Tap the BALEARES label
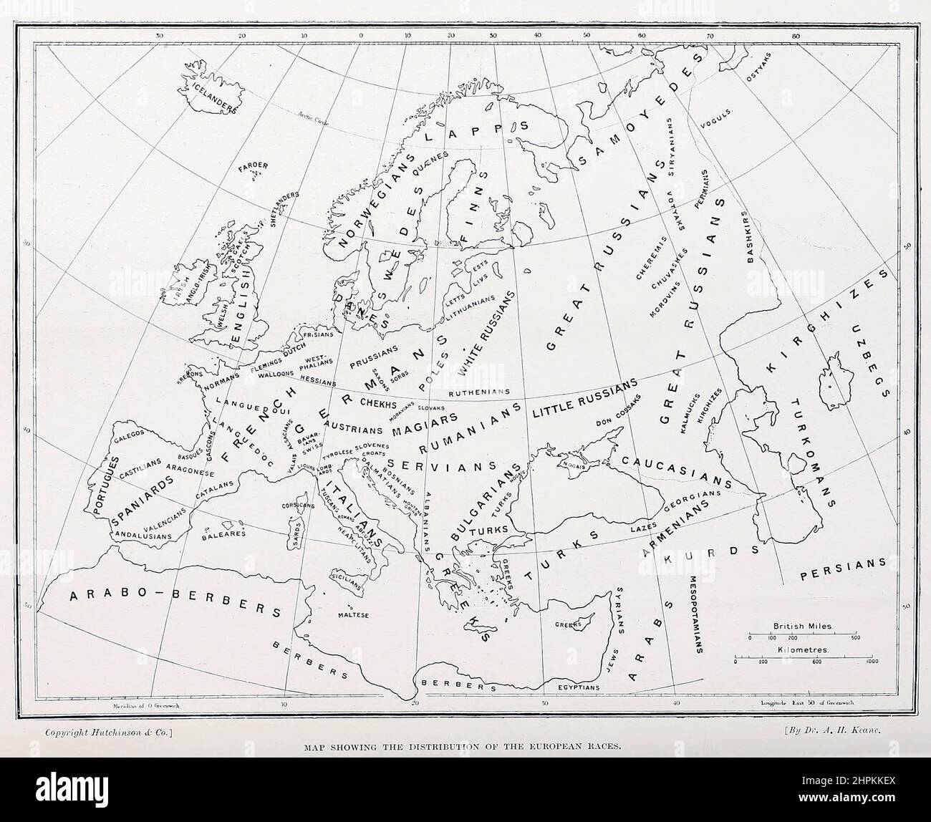tap(223, 533)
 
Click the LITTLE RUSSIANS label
tap(584, 399)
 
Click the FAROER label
tap(254, 166)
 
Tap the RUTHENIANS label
tap(478, 392)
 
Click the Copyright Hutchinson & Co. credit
tap(106, 733)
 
